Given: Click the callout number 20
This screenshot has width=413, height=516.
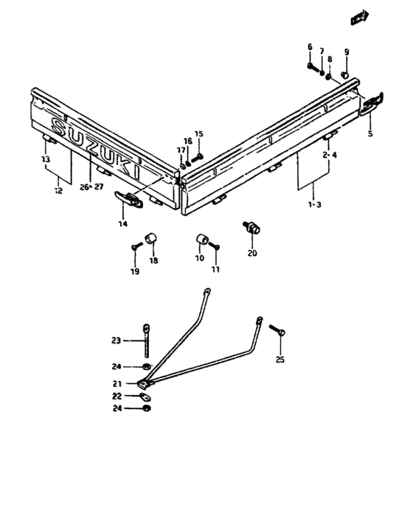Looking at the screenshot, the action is coord(252,254).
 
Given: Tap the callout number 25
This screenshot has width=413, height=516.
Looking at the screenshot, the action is coord(280,360).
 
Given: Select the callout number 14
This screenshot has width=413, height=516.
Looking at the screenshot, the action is coord(123,224).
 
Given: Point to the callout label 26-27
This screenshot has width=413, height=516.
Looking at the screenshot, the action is coord(91,187).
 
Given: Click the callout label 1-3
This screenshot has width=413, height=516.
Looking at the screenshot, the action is coord(314,205).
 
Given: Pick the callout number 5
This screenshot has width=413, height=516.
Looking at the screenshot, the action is coord(370,133).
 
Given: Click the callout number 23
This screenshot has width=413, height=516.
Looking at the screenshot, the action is coord(117,341).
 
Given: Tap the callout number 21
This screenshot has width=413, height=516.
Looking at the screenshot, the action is coord(117,384).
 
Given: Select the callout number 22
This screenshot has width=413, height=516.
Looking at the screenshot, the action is coord(117,396).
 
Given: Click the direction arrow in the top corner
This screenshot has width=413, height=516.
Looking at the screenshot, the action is coord(360,18).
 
